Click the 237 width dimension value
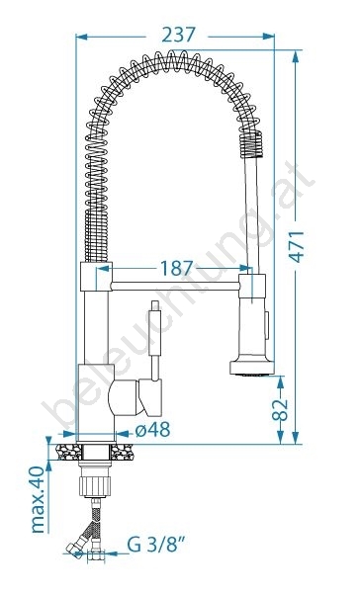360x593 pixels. tap(178, 36)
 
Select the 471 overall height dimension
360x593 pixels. tap(297, 246)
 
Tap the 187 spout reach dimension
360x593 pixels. tap(177, 268)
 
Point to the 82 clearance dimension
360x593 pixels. tap(280, 409)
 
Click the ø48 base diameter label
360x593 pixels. tap(153, 429)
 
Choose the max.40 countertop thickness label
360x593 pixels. tap(38, 499)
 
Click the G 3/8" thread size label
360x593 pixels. tap(156, 545)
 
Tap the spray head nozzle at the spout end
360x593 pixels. tap(252, 368)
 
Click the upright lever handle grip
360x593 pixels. tap(155, 328)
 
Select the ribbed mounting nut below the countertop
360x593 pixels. tap(95, 486)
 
